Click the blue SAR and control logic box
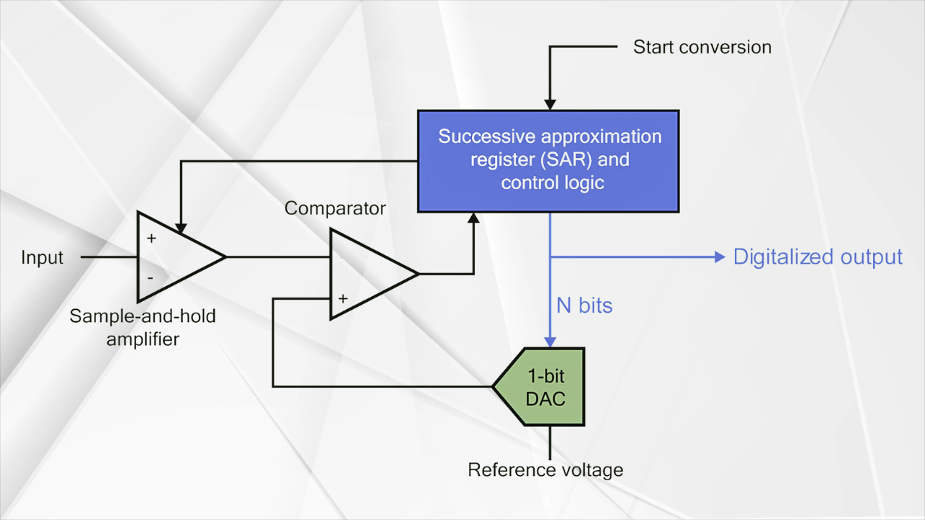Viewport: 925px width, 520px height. click(x=548, y=161)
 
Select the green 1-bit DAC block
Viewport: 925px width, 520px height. click(x=539, y=386)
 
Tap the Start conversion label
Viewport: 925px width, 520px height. click(x=702, y=47)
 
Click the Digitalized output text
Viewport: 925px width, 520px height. click(x=817, y=257)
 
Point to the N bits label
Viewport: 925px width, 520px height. click(x=585, y=305)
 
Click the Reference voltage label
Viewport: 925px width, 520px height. click(x=546, y=470)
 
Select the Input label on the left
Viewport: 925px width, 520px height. click(x=42, y=258)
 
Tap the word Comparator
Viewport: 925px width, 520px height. click(x=335, y=209)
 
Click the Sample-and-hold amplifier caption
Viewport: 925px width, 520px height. click(x=142, y=328)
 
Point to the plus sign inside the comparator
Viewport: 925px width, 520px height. click(x=343, y=298)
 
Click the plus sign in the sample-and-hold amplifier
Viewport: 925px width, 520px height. click(x=152, y=238)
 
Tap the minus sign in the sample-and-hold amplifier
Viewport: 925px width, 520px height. click(x=150, y=278)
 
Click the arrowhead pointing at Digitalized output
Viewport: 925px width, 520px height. click(x=720, y=257)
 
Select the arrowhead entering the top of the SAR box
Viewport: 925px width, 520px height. click(x=550, y=105)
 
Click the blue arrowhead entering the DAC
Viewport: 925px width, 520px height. click(x=550, y=342)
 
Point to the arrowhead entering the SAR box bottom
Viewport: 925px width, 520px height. click(x=473, y=218)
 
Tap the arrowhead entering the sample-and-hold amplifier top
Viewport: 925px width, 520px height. click(x=181, y=228)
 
